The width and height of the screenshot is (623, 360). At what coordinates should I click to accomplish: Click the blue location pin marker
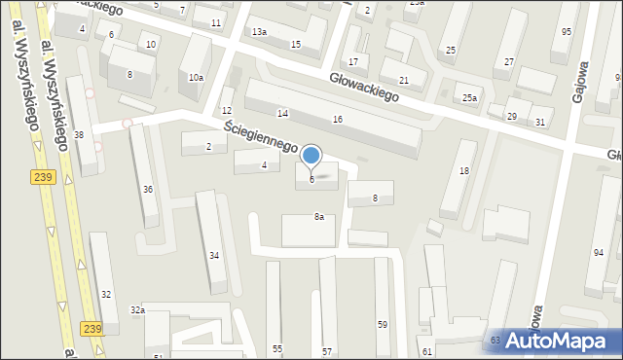[x=311, y=156]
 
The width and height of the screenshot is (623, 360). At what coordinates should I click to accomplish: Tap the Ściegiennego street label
[x=259, y=135]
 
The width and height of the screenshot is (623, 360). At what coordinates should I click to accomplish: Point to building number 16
[x=338, y=119]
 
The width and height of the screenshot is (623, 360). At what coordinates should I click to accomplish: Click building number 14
[x=282, y=114]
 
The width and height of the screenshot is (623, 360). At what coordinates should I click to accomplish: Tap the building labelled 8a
[x=318, y=217]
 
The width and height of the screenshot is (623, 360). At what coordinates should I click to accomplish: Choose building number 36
[x=148, y=189]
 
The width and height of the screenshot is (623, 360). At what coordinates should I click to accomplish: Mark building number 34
[x=214, y=255]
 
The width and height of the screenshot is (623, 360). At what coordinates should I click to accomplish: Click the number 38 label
[x=79, y=134]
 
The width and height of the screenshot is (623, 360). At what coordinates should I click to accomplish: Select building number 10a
[x=196, y=77]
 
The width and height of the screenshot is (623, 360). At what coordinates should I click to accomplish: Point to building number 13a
[x=259, y=32]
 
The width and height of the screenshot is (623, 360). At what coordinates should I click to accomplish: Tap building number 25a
[x=470, y=97]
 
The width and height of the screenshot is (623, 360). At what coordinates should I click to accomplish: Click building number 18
[x=464, y=171]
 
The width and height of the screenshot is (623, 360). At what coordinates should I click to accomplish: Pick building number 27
[x=509, y=62]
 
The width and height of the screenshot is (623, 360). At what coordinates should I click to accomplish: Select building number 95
[x=567, y=32]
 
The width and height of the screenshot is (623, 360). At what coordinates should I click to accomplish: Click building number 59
[x=383, y=324]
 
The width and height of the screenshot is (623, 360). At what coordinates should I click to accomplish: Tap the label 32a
[x=137, y=309]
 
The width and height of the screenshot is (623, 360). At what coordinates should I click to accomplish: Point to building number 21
[x=404, y=80]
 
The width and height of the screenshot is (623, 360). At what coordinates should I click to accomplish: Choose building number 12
[x=227, y=111]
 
